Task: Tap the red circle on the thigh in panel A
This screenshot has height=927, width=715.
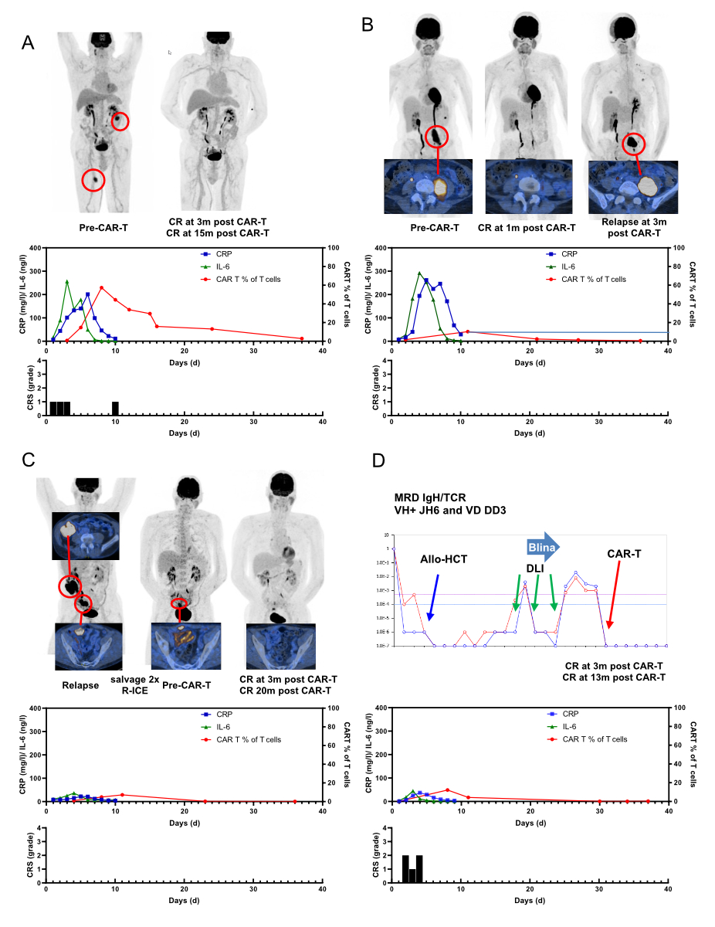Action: [x=93, y=180]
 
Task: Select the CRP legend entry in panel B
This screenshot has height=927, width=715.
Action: [x=550, y=253]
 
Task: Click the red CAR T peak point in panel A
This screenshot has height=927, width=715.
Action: [x=101, y=287]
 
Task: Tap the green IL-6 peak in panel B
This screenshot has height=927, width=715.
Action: [x=419, y=273]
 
